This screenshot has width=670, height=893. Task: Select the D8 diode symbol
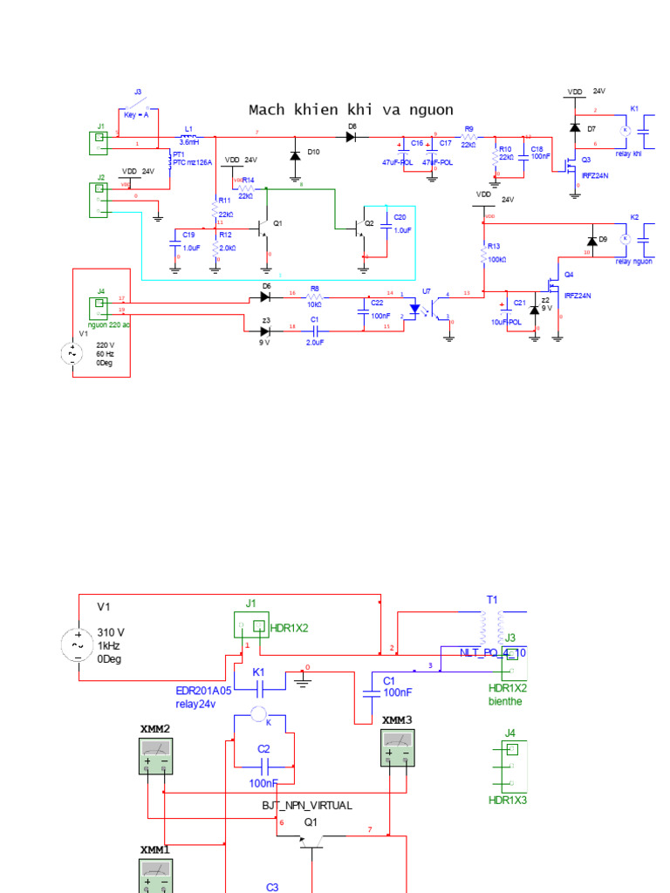point(352,137)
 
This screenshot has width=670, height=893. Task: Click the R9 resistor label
point(468,128)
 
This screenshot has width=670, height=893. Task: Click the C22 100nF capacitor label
point(378,303)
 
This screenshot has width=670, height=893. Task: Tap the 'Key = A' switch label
point(136,115)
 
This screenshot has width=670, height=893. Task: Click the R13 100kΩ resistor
point(484,254)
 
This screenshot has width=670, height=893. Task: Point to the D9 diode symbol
point(592,241)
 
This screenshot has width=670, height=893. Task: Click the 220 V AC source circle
point(71,354)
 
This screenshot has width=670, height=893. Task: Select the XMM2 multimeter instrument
point(156,753)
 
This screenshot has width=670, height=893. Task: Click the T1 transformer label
point(491,600)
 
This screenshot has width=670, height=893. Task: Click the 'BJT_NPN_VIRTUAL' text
point(307,806)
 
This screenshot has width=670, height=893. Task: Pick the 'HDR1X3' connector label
point(507,800)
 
